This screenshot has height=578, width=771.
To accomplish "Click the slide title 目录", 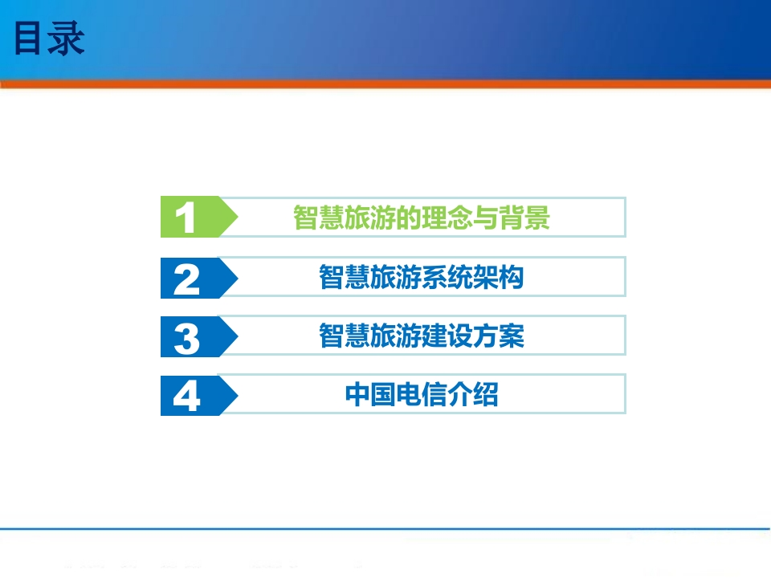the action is coord(49,39).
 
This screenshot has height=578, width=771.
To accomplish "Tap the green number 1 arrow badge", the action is coord(198,217).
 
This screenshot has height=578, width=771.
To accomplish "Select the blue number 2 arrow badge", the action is coord(198,279).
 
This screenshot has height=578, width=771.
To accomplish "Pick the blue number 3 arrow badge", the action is coord(198,336).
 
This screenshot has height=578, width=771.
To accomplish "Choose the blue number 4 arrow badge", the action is coord(198,395).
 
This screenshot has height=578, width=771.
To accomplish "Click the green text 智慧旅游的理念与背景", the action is coord(422,218).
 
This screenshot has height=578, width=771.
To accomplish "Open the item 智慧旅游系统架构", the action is coord(422,277).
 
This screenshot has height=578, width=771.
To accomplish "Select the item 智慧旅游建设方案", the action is coord(422,336).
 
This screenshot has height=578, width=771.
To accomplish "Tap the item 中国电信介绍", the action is coord(422,394).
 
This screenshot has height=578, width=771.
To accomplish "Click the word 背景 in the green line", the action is coord(524,218).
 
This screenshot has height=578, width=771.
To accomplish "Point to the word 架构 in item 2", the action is coord(499,277).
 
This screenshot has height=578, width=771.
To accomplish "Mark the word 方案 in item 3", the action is coord(499,336).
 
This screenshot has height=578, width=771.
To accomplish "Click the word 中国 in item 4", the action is coord(370,394).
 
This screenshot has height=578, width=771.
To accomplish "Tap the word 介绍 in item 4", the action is coord(473,394).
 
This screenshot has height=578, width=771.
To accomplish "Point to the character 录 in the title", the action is coord(67,39).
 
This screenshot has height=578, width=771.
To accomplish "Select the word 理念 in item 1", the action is coord(447,218).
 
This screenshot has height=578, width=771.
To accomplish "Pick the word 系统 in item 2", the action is coord(447,277).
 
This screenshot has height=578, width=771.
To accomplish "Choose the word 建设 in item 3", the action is coord(447,336).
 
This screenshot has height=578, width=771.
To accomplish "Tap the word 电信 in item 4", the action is coord(422,394).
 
